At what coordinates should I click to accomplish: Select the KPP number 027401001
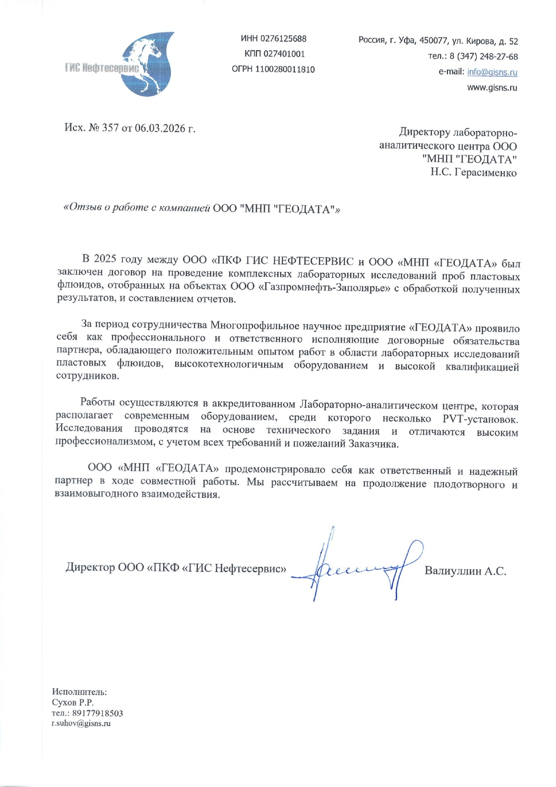click(x=284, y=54)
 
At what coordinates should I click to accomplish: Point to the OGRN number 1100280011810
click(x=285, y=69)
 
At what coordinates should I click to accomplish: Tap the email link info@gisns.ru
click(x=492, y=72)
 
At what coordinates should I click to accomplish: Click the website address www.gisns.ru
click(x=492, y=88)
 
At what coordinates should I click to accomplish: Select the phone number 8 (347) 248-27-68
click(x=484, y=57)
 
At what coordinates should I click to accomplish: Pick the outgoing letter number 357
click(x=111, y=128)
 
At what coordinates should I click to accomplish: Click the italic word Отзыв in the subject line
click(x=83, y=208)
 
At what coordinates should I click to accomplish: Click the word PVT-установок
click(x=480, y=419)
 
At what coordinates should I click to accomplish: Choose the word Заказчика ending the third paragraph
click(x=373, y=444)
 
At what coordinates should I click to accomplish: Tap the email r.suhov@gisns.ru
click(x=81, y=724)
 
